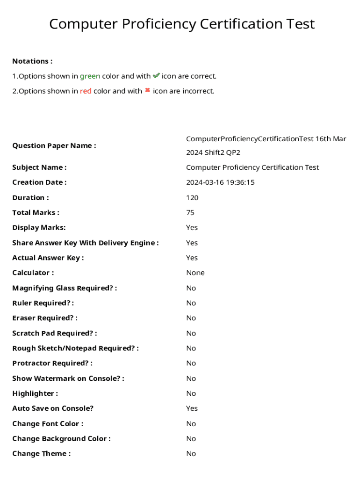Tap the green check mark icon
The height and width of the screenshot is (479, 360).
tap(156, 76)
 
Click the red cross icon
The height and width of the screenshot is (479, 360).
tap(147, 91)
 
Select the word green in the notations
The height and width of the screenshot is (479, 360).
tap(90, 76)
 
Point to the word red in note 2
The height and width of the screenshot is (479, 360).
tap(86, 91)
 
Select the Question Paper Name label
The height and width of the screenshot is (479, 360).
tap(54, 145)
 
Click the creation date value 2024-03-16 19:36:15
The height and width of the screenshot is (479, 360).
tap(220, 182)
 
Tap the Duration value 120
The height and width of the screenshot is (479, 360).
tap(192, 197)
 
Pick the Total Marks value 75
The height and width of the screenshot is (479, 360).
tap(190, 212)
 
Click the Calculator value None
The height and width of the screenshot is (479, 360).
tap(195, 273)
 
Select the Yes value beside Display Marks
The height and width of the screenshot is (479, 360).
tap(192, 228)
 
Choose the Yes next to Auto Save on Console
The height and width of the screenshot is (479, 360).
tap(192, 408)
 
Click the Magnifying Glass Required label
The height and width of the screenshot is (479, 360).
tap(65, 288)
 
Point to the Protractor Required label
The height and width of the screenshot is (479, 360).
tap(52, 363)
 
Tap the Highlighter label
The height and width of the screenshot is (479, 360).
tap(35, 393)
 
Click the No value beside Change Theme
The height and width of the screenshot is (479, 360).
tap(191, 453)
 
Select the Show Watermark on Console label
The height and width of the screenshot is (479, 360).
tap(68, 378)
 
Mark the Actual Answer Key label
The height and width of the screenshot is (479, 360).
tap(48, 258)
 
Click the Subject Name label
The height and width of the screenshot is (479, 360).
tap(39, 167)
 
